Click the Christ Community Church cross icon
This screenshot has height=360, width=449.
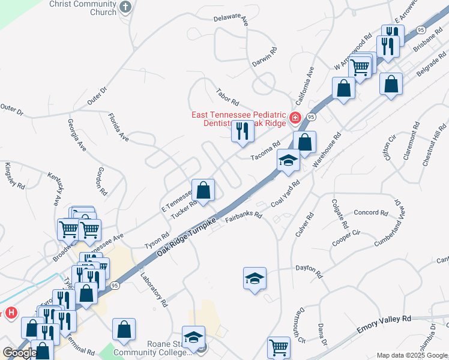pos(125,7)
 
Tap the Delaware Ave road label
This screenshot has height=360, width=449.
pos(231,19)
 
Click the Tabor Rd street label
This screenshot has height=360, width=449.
pos(228,95)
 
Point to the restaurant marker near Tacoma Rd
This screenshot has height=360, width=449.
pos(242,131)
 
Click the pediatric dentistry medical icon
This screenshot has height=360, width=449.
pos(295,118)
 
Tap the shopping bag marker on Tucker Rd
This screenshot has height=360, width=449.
pos(203,190)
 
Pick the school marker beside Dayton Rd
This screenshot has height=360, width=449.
pos(255,278)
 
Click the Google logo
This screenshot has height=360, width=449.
pos(20,352)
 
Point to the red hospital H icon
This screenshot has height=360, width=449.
pos(10,313)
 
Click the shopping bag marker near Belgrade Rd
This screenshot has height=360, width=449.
pos(391,84)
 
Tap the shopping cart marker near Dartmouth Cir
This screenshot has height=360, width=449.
pos(279,347)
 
